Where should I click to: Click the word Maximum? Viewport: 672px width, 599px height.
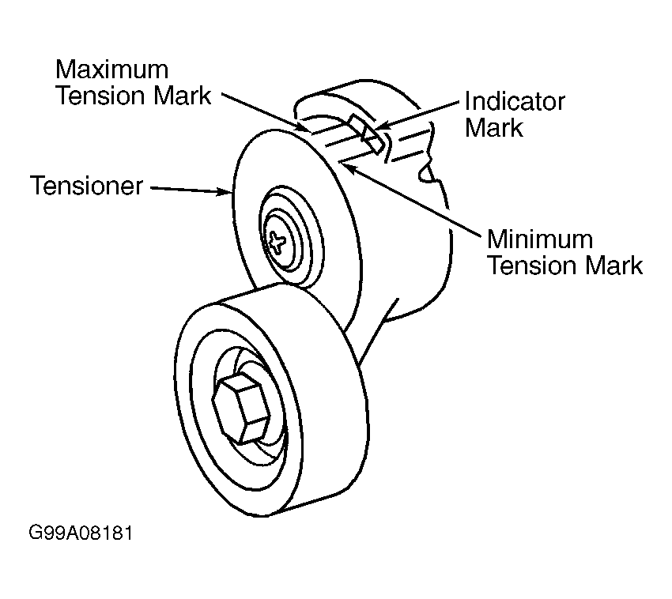(x=111, y=70)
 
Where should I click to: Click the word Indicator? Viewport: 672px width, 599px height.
(x=515, y=102)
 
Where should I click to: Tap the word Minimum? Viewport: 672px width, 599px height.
(x=540, y=239)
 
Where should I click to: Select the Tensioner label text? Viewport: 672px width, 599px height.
(x=86, y=186)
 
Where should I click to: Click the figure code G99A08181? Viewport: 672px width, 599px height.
(x=81, y=533)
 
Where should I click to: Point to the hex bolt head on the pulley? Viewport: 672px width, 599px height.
(x=241, y=407)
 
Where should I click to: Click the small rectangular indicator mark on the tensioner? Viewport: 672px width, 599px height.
(x=366, y=134)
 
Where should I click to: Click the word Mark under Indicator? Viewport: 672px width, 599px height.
(x=494, y=128)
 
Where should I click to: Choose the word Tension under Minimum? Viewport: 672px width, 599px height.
(x=533, y=266)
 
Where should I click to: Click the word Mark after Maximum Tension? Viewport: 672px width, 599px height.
(x=183, y=96)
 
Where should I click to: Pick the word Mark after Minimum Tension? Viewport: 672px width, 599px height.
(x=614, y=266)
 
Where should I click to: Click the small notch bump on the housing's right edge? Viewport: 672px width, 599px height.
(x=426, y=174)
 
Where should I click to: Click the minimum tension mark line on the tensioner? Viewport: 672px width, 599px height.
(x=355, y=156)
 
